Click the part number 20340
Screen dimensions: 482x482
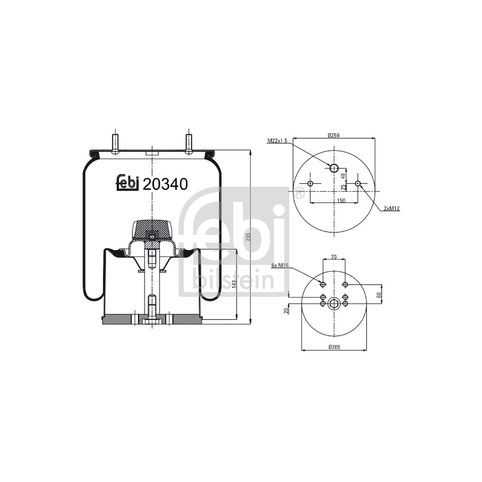[165, 184]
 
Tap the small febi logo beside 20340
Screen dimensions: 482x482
[128, 183]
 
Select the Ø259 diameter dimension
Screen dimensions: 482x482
[334, 135]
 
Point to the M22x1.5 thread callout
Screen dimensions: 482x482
[277, 141]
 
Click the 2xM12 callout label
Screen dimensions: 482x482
[392, 208]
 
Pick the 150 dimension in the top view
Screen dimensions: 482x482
[341, 201]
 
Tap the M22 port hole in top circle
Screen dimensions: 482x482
[334, 168]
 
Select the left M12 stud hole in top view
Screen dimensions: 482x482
[310, 184]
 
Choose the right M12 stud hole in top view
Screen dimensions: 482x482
[357, 184]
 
